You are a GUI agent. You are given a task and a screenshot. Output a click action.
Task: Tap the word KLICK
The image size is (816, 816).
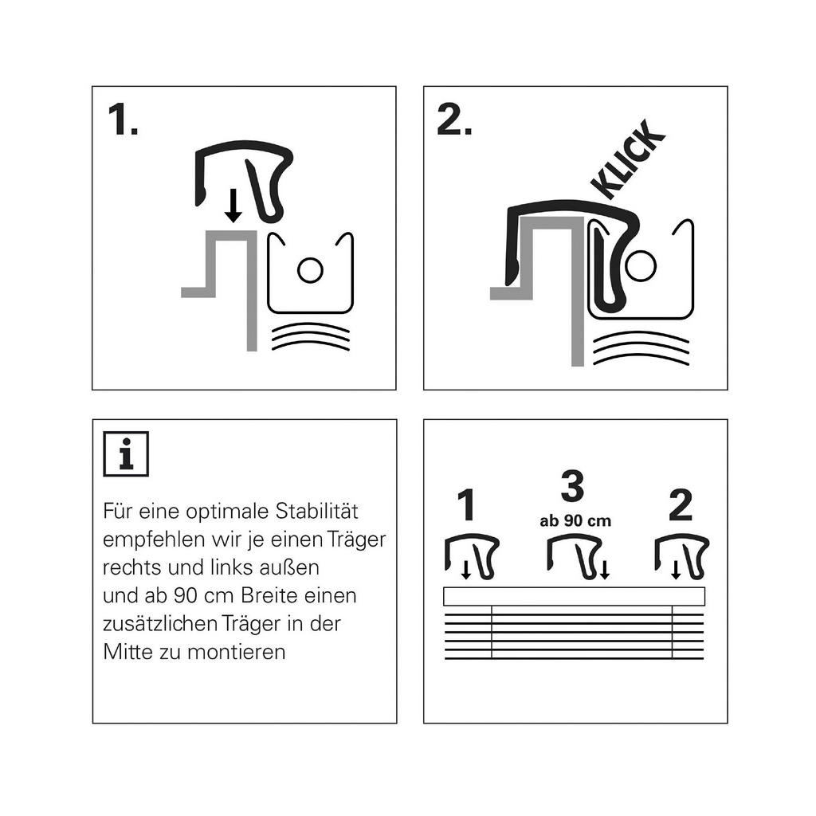point(628,159)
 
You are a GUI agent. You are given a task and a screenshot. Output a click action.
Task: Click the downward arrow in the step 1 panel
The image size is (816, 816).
point(233,205)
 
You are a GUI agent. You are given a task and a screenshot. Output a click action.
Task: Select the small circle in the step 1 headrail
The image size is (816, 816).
point(310,270)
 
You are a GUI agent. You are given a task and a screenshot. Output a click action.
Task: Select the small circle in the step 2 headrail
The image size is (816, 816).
point(640,266)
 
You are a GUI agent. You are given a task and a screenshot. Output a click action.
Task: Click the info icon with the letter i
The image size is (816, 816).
point(126,453)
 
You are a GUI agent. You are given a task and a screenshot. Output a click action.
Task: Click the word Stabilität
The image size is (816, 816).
point(316,511)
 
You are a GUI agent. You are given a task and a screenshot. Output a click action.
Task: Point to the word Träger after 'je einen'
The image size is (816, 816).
point(356,539)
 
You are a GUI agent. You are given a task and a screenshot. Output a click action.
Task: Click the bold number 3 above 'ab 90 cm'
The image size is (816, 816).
point(572,487)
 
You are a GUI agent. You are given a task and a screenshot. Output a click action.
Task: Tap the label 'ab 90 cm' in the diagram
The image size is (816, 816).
point(575,521)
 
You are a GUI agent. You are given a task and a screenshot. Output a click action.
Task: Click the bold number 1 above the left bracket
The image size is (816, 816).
point(466,504)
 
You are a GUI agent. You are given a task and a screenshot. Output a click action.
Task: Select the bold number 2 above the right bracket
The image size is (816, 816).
point(681,504)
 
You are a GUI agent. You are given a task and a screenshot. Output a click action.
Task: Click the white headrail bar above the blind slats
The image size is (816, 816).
point(574,596)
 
